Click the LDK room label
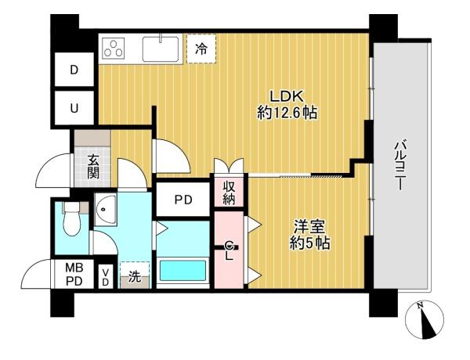click(x=287, y=96)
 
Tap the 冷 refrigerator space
click(x=201, y=49)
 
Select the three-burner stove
click(x=114, y=48)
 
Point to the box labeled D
click(x=74, y=70)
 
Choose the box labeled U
click(x=74, y=107)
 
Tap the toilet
click(x=72, y=219)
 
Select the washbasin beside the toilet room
click(x=105, y=210)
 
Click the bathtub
click(x=183, y=270)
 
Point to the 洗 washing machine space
click(x=135, y=275)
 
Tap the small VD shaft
click(x=105, y=277)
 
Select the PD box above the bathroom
click(x=183, y=200)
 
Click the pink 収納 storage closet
click(x=229, y=192)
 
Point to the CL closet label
click(x=229, y=250)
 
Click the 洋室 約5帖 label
click(x=310, y=235)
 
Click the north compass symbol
click(x=424, y=320)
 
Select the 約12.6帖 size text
click(x=287, y=113)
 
